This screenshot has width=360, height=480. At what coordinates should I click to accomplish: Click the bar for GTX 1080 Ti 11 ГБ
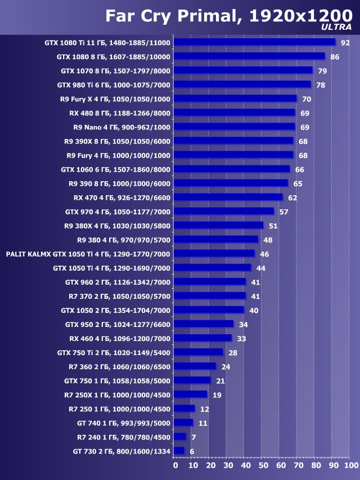coord(254,42)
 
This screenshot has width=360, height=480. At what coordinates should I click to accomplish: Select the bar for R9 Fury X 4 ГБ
coord(235,98)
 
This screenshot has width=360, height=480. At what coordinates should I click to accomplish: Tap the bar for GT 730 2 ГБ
coord(179,451)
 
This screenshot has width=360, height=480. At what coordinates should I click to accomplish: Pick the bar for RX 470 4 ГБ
coord(228,198)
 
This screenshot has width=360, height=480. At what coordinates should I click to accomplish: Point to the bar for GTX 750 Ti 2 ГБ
coord(198,352)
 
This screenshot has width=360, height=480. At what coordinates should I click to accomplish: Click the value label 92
coord(345,43)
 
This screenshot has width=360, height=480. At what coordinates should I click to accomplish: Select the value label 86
coord(335,57)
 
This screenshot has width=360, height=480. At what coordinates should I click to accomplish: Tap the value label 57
coord(284,212)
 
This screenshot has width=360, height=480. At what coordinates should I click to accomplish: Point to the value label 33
coord(242,339)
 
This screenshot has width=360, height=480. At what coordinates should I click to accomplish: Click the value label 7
coord(193,437)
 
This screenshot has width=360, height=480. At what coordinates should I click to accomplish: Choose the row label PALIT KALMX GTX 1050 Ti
coord(88,254)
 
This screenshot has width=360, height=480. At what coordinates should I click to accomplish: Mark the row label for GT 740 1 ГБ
coord(124,423)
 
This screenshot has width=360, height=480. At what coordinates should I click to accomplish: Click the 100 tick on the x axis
coord(350,466)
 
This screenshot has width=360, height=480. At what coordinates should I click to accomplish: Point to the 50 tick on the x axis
coord(263,466)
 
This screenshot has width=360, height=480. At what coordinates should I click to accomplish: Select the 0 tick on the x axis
coord(175,466)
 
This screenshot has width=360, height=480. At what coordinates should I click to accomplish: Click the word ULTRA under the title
coord(336,26)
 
